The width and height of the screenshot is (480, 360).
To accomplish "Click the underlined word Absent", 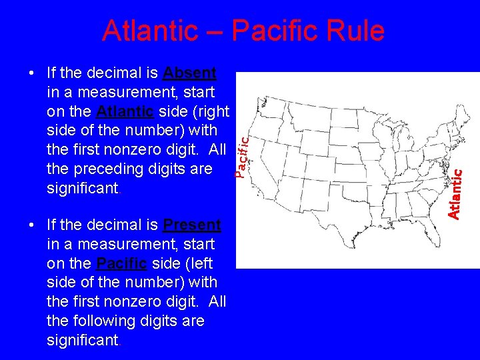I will click(x=189, y=72).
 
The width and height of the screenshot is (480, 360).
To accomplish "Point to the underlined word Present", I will click(x=192, y=225).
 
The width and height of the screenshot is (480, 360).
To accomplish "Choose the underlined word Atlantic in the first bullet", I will click(x=125, y=111).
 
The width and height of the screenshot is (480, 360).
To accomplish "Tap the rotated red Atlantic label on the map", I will click(x=455, y=193).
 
